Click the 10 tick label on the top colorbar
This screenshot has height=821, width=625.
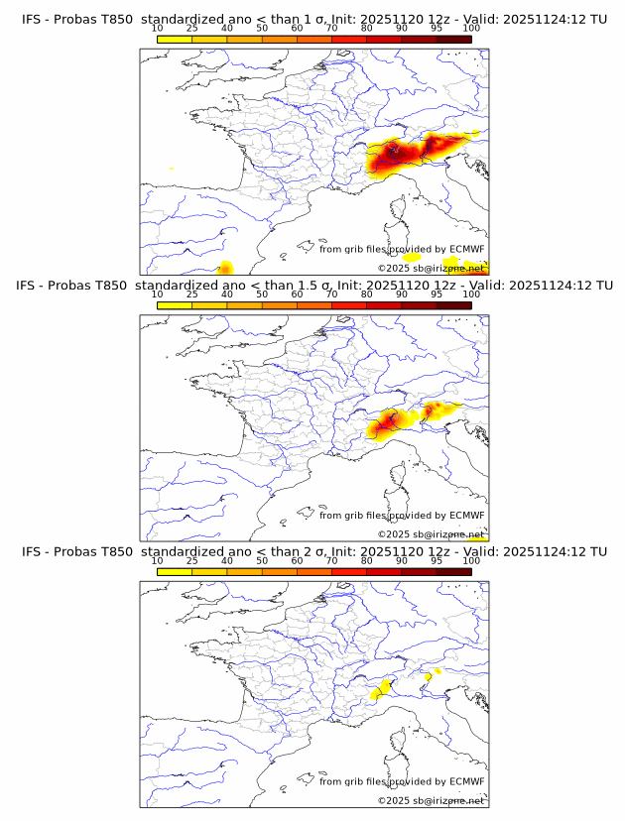tap(157, 27)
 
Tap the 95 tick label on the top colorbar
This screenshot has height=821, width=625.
tap(437, 27)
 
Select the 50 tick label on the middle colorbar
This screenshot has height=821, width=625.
tap(262, 294)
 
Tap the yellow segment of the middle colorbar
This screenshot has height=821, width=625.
tap(175, 305)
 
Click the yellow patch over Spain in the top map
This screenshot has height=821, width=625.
tap(225, 267)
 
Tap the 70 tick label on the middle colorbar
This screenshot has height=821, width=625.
tap(331, 294)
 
